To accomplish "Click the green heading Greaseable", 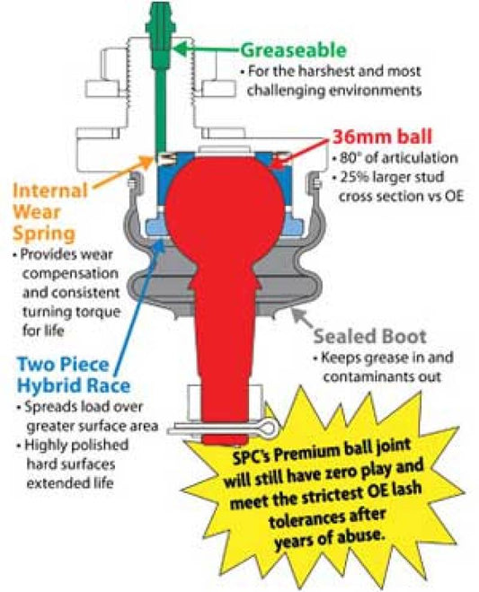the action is (294, 50).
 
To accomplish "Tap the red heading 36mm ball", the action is (382, 137).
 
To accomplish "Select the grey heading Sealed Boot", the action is (370, 336).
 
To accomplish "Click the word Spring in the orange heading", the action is (44, 234).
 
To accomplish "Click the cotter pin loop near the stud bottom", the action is (269, 428).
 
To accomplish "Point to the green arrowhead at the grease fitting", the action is (181, 49).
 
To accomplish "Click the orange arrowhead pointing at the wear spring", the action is (146, 163).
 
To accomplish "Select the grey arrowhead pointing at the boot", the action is (298, 314).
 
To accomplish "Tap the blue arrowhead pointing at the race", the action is (159, 246).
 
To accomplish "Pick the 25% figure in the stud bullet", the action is (354, 177).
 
